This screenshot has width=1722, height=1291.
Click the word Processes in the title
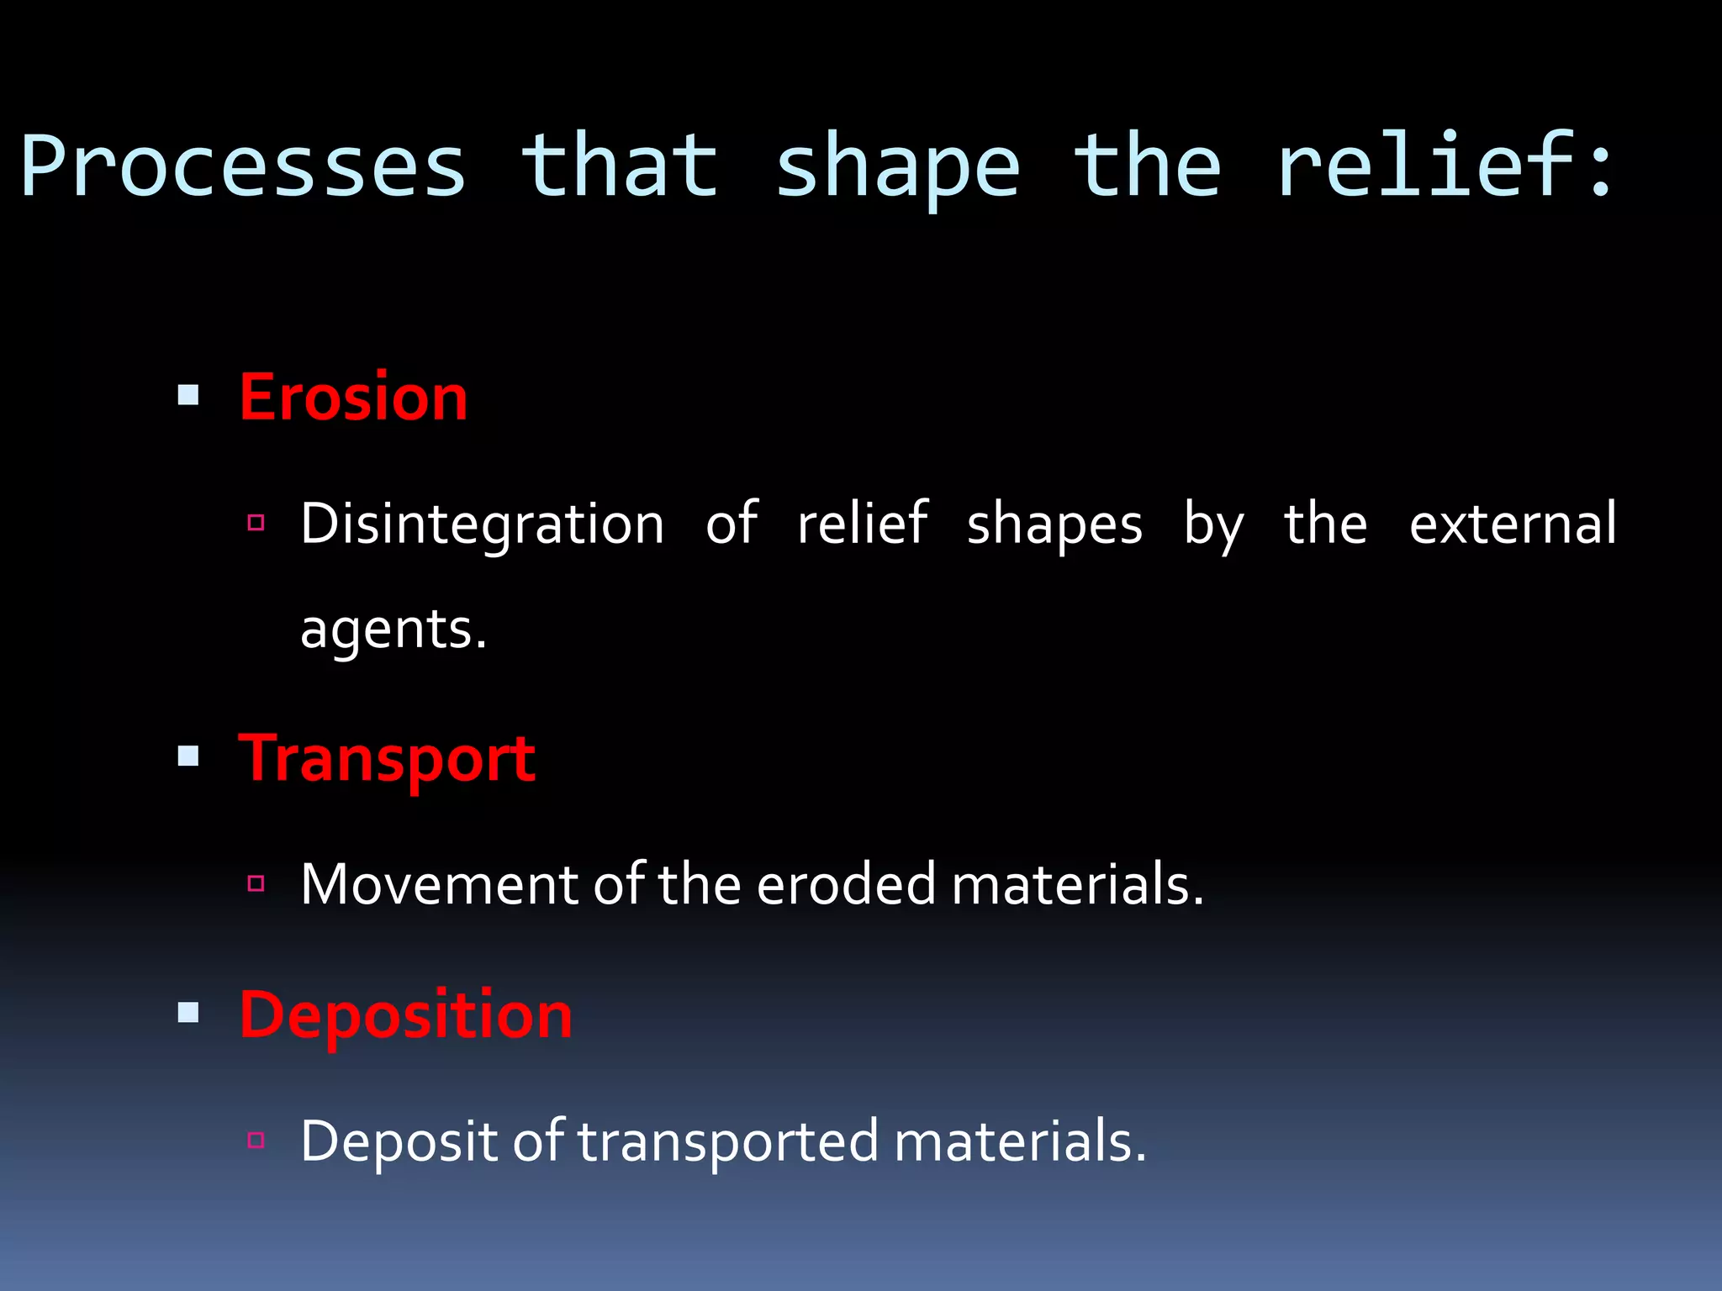(x=244, y=166)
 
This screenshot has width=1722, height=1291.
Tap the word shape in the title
(x=897, y=166)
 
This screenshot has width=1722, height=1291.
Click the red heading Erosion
(x=353, y=397)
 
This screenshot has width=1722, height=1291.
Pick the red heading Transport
(x=387, y=758)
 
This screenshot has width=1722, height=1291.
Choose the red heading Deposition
(x=405, y=1014)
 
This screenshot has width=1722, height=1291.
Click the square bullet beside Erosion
(x=188, y=395)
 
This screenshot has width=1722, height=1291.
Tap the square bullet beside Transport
(x=188, y=756)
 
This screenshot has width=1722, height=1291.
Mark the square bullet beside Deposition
(x=188, y=1013)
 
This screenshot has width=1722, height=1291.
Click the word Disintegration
(x=483, y=524)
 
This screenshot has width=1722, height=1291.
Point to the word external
(x=1512, y=524)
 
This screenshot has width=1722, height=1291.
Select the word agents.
(x=393, y=630)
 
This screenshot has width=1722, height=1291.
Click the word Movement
(x=438, y=884)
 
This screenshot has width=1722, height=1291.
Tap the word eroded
(x=846, y=884)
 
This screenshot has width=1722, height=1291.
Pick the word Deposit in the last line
(x=399, y=1141)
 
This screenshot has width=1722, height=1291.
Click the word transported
(x=728, y=1141)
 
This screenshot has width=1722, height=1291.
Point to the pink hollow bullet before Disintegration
(x=256, y=523)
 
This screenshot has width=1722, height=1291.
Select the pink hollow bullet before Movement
(x=256, y=883)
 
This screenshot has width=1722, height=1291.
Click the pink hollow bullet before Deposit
(x=256, y=1141)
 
